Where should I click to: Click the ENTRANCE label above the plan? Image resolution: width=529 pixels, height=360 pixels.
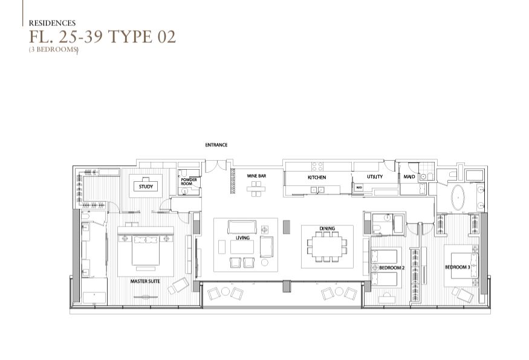tap(216, 145)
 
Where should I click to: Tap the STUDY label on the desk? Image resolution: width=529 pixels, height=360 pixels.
tap(146, 187)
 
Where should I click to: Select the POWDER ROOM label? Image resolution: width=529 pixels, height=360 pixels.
tap(189, 182)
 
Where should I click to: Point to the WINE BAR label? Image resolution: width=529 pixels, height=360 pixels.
tap(256, 176)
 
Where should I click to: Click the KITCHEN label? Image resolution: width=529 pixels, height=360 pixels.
tap(317, 178)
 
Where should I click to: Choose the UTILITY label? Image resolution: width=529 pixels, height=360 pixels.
tap(375, 176)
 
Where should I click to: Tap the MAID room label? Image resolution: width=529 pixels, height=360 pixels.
tap(409, 176)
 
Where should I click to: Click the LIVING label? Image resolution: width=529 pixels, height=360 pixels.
tap(242, 238)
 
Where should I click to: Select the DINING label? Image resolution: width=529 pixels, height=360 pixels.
tap(327, 228)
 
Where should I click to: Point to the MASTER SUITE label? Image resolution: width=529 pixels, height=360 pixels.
tap(145, 281)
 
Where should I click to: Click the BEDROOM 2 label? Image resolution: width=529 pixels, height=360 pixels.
tap(391, 268)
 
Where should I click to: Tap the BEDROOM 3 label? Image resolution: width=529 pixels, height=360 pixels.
tap(458, 268)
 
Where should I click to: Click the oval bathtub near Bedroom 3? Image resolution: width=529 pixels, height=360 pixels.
tap(458, 198)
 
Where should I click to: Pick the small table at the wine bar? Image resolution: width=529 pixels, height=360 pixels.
tap(256, 189)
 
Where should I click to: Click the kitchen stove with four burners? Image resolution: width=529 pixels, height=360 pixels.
tap(317, 167)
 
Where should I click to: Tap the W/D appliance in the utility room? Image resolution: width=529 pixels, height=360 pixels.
tap(359, 187)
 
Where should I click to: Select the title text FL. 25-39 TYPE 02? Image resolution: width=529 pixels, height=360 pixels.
tap(102, 36)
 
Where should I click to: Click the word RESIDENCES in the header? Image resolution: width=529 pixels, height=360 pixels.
tap(52, 23)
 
